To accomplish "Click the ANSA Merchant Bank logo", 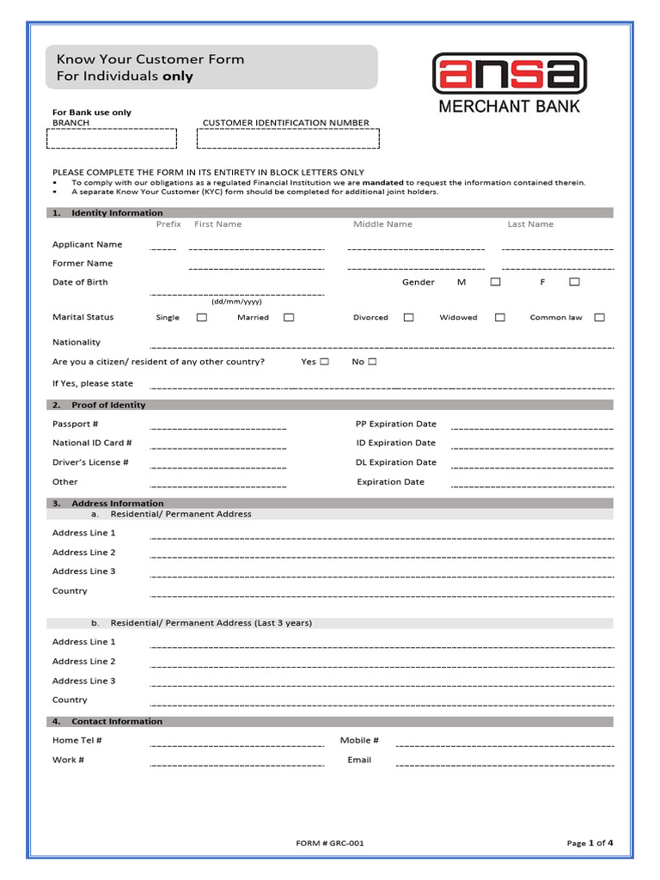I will point(509,83).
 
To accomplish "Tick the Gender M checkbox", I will point(496,282).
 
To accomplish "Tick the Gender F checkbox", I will point(574,282).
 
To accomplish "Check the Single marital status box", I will point(202,317).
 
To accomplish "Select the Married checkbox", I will point(289,317).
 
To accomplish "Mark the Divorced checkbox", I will point(408,317).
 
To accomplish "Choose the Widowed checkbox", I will point(499,317).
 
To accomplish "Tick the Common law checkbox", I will point(599,317).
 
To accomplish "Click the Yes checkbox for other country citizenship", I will point(324,362).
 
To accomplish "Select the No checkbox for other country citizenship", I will point(372,362).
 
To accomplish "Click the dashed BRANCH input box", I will point(114,139).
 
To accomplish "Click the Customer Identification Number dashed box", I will point(288,139).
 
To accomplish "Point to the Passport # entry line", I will point(218,426).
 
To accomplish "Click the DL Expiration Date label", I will point(396,462).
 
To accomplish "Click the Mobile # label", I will point(359,740).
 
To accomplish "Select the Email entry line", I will point(504,762).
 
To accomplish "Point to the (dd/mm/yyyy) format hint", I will point(237,302).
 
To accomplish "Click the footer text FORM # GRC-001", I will point(330,843).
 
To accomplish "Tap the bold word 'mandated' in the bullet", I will point(383,182).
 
